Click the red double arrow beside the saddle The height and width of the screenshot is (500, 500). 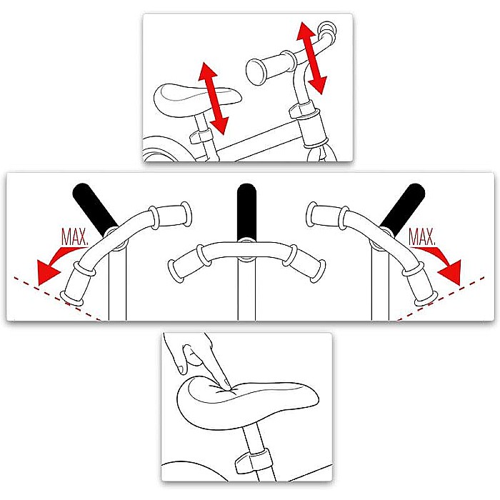(214, 99)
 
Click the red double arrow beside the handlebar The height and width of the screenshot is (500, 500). (311, 58)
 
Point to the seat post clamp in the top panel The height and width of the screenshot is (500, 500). (201, 136)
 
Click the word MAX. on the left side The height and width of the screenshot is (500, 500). (74, 236)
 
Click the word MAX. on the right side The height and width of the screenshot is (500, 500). (422, 236)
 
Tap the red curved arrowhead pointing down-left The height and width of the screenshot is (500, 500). (48, 272)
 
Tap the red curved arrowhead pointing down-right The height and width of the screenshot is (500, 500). (450, 271)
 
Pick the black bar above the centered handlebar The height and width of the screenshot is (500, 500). (246, 211)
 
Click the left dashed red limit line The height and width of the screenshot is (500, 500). (57, 299)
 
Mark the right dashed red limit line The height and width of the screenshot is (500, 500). (441, 299)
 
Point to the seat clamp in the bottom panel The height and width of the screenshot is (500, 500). (253, 461)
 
